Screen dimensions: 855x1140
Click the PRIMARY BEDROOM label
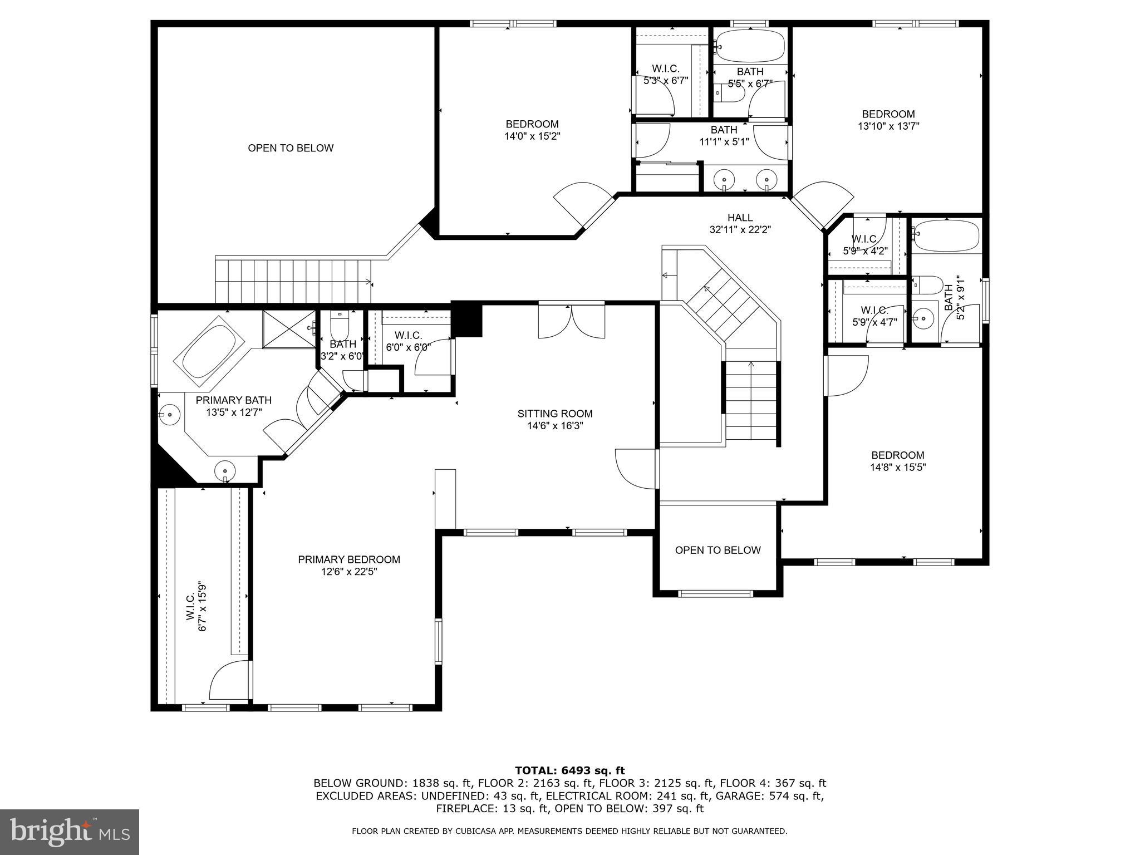pos(349,559)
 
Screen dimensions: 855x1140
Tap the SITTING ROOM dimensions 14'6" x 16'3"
pos(555,426)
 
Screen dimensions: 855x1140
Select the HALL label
pos(740,218)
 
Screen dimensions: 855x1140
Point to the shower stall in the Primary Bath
pos(289,330)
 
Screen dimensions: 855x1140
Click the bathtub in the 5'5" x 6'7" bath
pos(750,46)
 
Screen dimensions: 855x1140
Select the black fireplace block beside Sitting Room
pos(467,319)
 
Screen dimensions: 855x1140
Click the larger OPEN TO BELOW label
pos(291,148)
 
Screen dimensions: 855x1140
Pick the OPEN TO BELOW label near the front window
pos(718,550)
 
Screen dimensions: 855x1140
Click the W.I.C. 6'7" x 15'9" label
pos(196,606)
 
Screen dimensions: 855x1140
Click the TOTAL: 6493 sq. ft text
pos(569,770)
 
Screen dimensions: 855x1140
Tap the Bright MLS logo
pos(70,832)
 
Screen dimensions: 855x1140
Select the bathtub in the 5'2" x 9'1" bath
pos(946,236)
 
